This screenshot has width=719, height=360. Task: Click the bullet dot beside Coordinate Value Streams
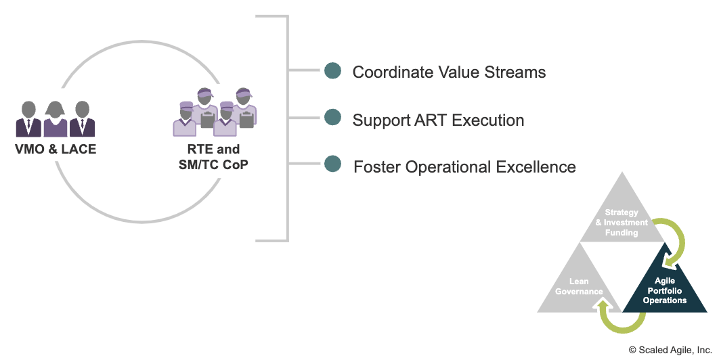332,70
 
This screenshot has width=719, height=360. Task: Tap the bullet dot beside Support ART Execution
332,117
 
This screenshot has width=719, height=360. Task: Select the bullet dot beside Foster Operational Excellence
332,164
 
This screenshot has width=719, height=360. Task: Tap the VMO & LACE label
56,149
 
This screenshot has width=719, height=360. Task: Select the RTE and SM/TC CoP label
213,157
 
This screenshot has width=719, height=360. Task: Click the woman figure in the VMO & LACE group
56,119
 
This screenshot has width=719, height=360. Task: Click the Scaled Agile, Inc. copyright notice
670,350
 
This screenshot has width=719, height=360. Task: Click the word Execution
488,120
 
